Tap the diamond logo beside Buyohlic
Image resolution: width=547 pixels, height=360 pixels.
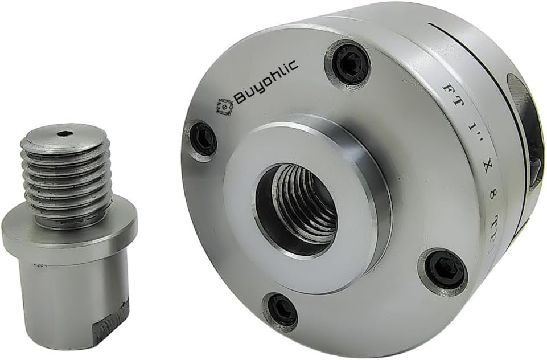pyautogui.click(x=224, y=107)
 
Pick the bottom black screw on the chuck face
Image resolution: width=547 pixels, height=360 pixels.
pyautogui.click(x=281, y=311)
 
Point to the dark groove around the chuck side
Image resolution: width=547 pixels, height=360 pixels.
pyautogui.click(x=484, y=63)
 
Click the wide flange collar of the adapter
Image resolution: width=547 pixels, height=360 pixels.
pyautogui.click(x=68, y=228)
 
